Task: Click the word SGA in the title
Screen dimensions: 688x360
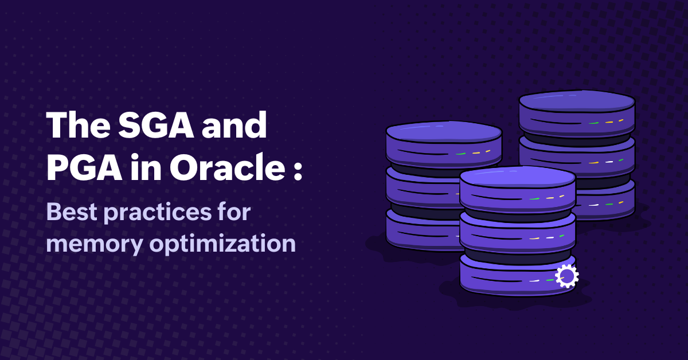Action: coord(157,125)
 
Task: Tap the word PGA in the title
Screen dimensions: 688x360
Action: coord(84,167)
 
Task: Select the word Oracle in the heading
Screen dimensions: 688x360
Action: coord(227,167)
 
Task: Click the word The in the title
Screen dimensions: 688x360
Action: coord(79,125)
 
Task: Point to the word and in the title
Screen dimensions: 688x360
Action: coord(234,125)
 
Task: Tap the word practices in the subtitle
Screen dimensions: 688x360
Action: coord(158,213)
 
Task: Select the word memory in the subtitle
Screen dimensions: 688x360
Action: coord(95,245)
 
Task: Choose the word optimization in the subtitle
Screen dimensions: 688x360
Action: coord(222,244)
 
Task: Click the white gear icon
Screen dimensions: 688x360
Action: coord(567,276)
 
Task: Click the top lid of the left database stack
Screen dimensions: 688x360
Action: coord(444,132)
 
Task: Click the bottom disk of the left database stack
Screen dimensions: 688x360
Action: coord(423,231)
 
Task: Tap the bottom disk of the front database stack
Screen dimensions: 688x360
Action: coord(518,276)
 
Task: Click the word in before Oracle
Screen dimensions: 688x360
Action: coord(146,167)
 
